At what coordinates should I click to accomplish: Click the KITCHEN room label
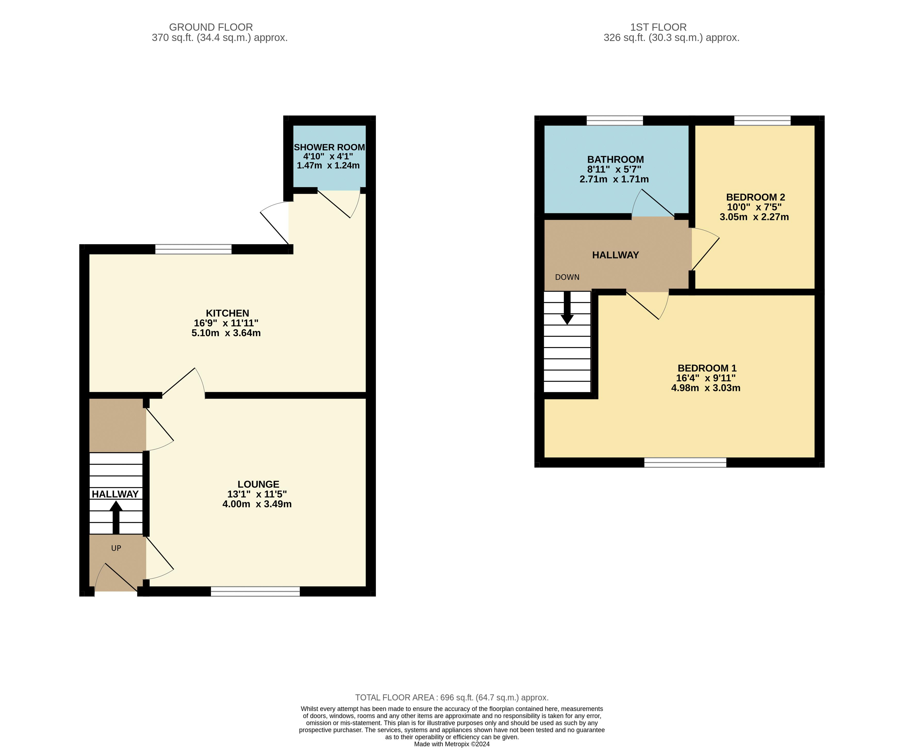pos(227,313)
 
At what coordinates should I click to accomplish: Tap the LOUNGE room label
pos(258,484)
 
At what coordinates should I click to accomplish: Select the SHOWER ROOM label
pos(329,147)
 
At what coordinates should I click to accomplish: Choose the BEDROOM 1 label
pos(707,368)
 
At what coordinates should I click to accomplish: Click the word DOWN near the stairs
pos(567,277)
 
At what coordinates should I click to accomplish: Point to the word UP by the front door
pos(116,548)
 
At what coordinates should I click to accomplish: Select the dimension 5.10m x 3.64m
pos(226,333)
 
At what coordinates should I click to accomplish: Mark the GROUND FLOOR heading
pos(211,27)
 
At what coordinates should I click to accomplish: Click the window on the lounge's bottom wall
pos(255,591)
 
